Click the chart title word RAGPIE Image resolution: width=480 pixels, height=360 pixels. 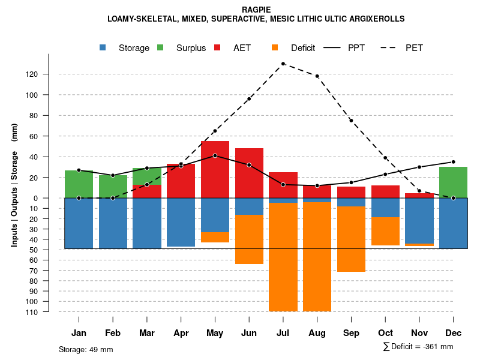[256, 10]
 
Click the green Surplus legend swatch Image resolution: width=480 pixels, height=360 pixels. [160, 48]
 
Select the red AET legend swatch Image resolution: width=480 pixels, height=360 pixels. [217, 48]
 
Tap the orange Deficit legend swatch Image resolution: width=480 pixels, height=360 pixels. [275, 48]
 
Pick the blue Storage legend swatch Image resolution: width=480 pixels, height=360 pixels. [103, 48]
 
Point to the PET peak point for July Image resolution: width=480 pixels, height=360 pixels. [283, 64]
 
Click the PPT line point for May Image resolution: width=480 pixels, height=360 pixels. [215, 155]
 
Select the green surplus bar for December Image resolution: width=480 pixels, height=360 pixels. [453, 182]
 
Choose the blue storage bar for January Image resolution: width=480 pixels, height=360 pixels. [79, 223]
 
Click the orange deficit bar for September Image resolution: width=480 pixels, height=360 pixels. [351, 239]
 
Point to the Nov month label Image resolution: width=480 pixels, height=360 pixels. [419, 333]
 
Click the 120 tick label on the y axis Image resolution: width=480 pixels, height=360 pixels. [49, 74]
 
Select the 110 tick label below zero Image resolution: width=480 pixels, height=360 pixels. [49, 312]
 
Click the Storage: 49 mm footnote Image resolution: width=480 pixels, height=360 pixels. [86, 349]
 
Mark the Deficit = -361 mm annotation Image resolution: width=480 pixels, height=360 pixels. [418, 347]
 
